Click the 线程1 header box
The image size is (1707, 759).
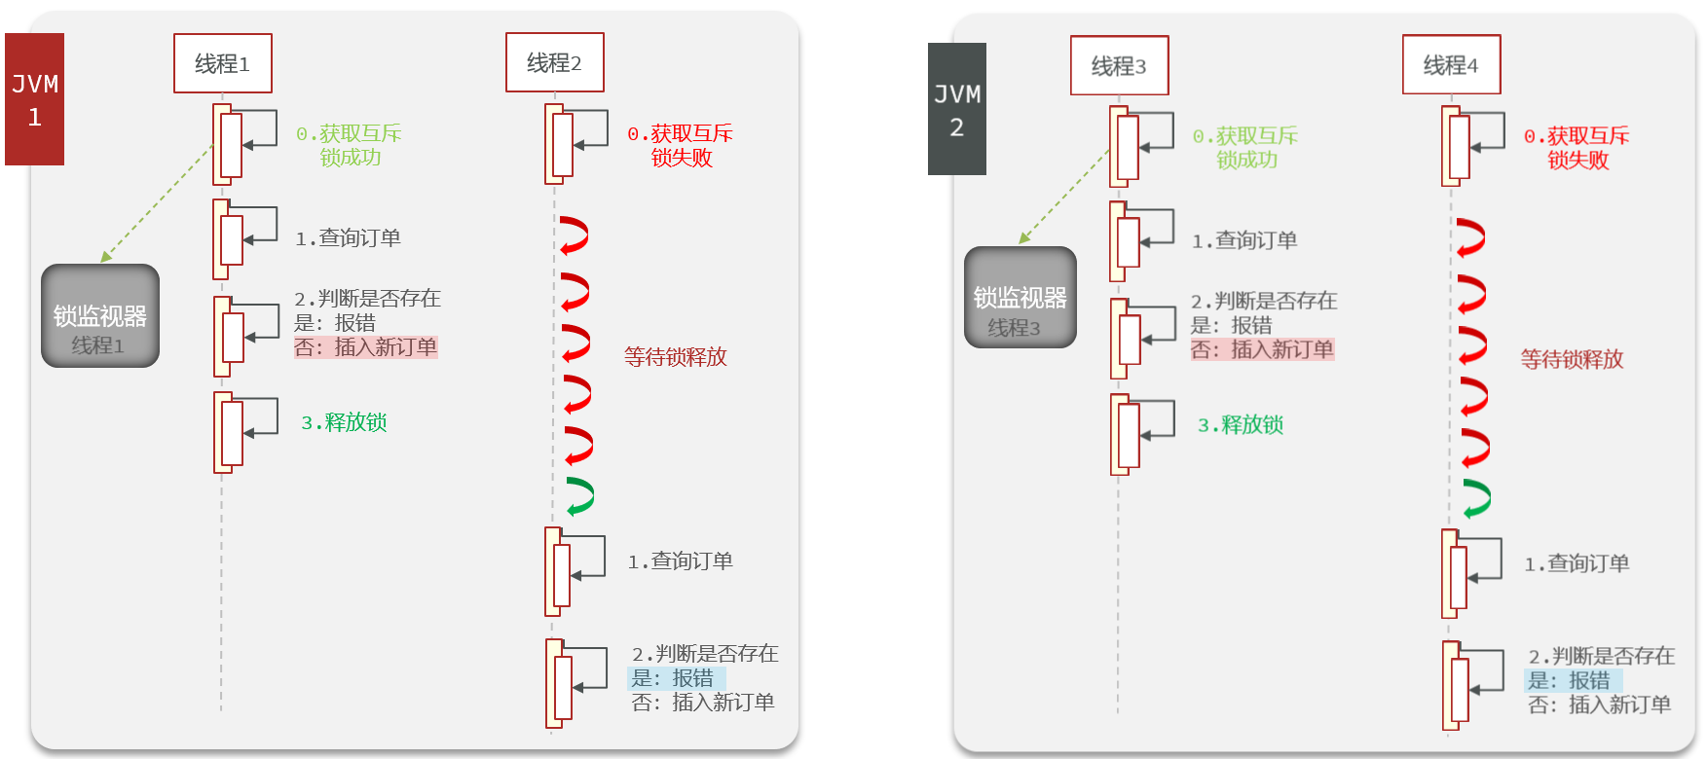point(222,63)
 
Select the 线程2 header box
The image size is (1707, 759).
point(554,62)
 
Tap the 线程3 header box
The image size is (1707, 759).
point(1119,65)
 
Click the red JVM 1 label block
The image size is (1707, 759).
point(34,99)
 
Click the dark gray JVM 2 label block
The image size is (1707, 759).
point(956,109)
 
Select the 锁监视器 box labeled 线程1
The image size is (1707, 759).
point(99,316)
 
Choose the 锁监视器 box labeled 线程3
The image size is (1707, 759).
point(1020,298)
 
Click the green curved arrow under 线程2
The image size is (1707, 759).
point(580,496)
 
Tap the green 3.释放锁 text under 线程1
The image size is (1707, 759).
point(344,422)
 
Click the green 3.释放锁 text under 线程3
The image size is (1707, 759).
point(1240,425)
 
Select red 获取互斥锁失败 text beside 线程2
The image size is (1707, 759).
point(680,145)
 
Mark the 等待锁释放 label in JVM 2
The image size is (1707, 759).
point(1572,359)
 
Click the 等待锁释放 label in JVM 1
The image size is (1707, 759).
point(675,357)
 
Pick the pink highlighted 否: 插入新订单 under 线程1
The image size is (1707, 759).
point(366,347)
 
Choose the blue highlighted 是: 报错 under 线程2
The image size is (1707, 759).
point(674,678)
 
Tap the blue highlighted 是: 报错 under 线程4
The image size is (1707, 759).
point(1571,681)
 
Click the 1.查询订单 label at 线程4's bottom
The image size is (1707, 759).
point(1576,563)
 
